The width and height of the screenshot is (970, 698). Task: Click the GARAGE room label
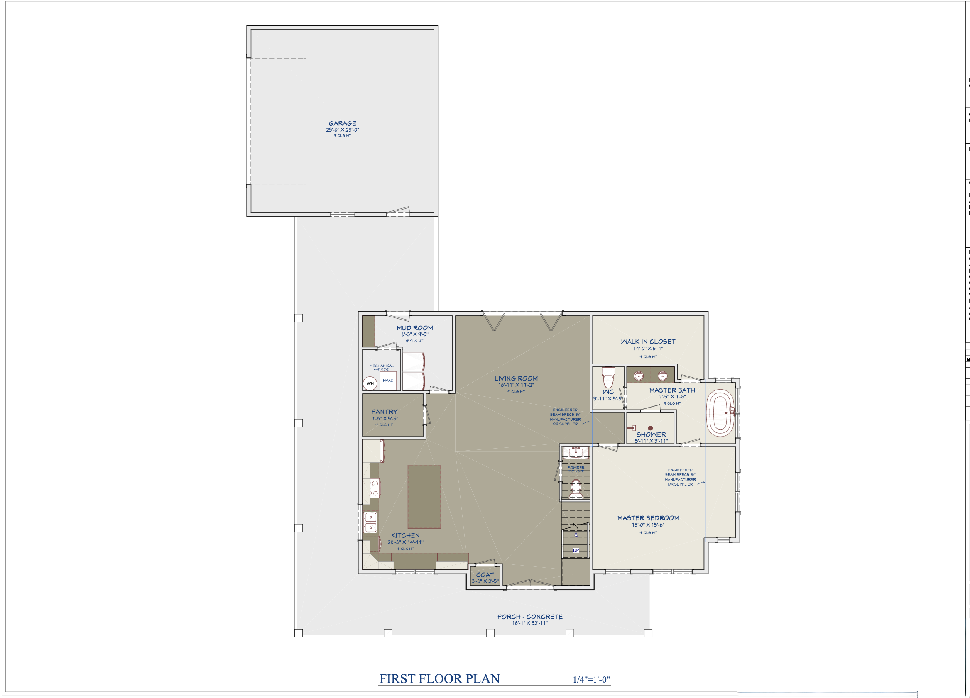pyautogui.click(x=342, y=124)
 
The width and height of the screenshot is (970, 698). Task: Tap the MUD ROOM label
pyautogui.click(x=414, y=328)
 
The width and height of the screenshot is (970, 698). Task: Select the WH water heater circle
pyautogui.click(x=370, y=383)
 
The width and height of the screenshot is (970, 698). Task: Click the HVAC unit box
pyautogui.click(x=388, y=380)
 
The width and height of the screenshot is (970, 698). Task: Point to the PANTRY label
pyautogui.click(x=384, y=412)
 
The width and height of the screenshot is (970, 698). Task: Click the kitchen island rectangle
pyautogui.click(x=424, y=497)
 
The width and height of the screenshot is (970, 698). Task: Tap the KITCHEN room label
pyautogui.click(x=405, y=535)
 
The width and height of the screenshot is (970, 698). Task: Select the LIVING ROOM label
pyautogui.click(x=516, y=378)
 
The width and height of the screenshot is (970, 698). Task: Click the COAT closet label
pyautogui.click(x=485, y=575)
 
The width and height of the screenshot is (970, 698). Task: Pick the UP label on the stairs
pyautogui.click(x=576, y=550)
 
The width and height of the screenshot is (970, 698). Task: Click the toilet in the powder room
pyautogui.click(x=576, y=488)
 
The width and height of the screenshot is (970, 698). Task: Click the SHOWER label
pyautogui.click(x=651, y=434)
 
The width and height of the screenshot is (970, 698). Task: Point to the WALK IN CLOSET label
pyautogui.click(x=648, y=342)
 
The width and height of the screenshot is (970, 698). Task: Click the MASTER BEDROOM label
pyautogui.click(x=648, y=517)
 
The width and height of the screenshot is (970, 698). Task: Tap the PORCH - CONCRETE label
pyautogui.click(x=529, y=616)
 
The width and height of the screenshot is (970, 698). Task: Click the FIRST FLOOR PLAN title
pyautogui.click(x=439, y=679)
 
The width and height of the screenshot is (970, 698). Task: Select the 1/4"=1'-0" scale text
pyautogui.click(x=591, y=680)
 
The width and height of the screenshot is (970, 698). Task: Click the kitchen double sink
pyautogui.click(x=370, y=522)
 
